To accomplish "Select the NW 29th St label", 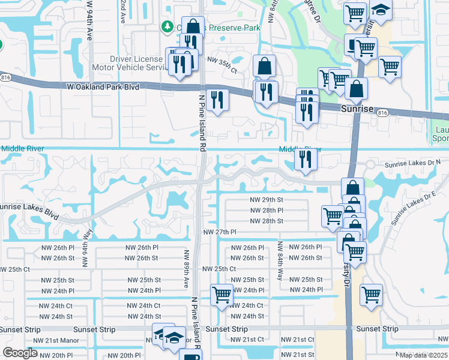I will (x=267, y=199).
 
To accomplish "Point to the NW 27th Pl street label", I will (x=220, y=232).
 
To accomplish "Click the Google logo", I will (x=20, y=353).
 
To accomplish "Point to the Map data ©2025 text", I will (x=423, y=355).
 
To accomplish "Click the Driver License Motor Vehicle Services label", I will (x=137, y=64).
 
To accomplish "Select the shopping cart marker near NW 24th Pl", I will (x=222, y=295).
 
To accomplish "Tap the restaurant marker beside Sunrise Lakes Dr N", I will (x=306, y=159).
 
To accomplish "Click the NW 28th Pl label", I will (x=267, y=210).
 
